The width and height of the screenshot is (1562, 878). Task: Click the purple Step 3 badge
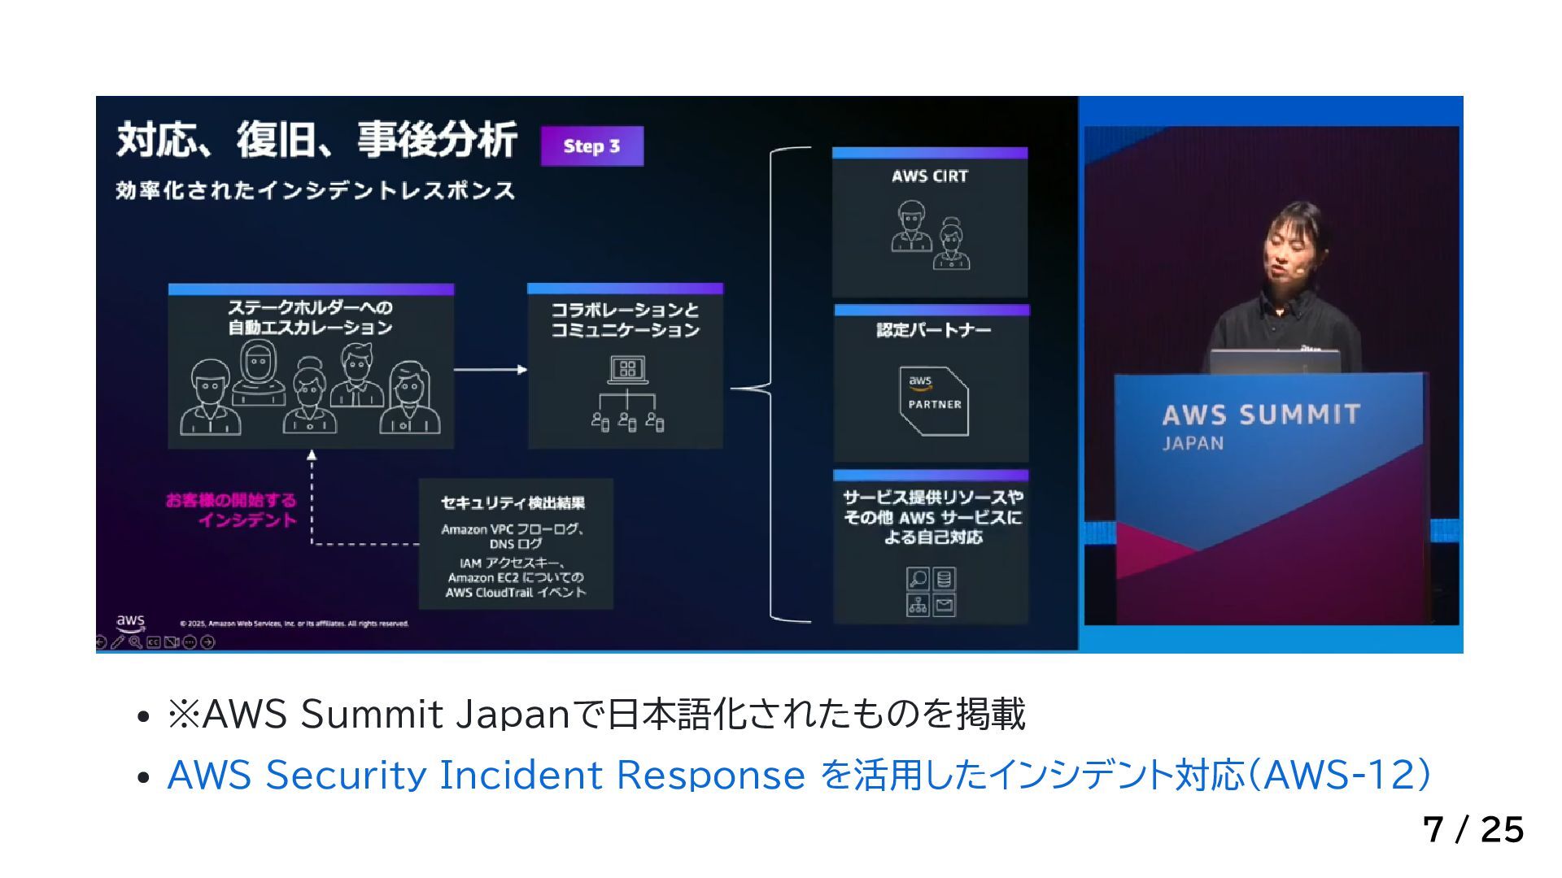(x=591, y=146)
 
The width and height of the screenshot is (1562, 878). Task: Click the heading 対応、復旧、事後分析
(x=316, y=139)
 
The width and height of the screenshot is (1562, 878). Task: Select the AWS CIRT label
(x=929, y=176)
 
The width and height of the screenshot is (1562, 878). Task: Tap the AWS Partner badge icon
(x=934, y=401)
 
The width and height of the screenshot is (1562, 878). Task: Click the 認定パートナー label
(x=933, y=329)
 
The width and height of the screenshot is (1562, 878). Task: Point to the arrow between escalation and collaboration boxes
(x=491, y=370)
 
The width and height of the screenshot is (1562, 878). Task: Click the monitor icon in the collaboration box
(x=627, y=370)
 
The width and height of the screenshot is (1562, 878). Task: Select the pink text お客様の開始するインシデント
(x=232, y=510)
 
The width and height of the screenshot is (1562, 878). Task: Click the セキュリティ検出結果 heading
(x=513, y=502)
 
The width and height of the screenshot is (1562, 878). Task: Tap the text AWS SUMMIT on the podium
(x=1261, y=415)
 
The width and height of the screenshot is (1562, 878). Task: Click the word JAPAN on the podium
(x=1193, y=444)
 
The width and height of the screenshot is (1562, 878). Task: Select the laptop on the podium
(x=1274, y=361)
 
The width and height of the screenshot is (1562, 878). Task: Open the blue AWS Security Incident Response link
(x=798, y=775)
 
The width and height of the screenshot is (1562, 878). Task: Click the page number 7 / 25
(x=1473, y=830)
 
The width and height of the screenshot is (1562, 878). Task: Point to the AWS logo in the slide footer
(x=130, y=623)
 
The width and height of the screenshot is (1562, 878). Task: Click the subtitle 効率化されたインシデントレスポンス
(x=315, y=191)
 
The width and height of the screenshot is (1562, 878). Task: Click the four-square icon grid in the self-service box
(x=931, y=592)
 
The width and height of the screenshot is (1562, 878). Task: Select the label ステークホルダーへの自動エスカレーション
(x=310, y=317)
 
